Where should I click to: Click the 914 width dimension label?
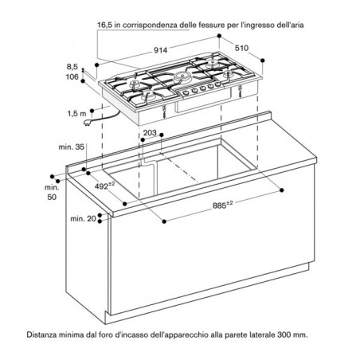[x=161, y=49]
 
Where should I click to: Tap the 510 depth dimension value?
[x=242, y=48]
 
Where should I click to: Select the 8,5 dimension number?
[x=72, y=67]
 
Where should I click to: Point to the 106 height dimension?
[x=72, y=76]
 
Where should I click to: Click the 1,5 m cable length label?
[x=76, y=114]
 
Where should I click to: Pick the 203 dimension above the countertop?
[x=150, y=132]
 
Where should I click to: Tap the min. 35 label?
[x=72, y=147]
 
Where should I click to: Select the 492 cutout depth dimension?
[x=104, y=186]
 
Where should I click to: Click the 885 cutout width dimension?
[x=222, y=205]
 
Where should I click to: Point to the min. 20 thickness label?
[x=83, y=219]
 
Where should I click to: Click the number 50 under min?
[x=52, y=198]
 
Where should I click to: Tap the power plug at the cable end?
[x=87, y=123]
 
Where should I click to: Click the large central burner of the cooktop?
[x=182, y=76]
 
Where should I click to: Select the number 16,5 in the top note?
[x=105, y=25]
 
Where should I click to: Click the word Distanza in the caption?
[x=41, y=335]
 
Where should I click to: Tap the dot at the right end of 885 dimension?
[x=282, y=190]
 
